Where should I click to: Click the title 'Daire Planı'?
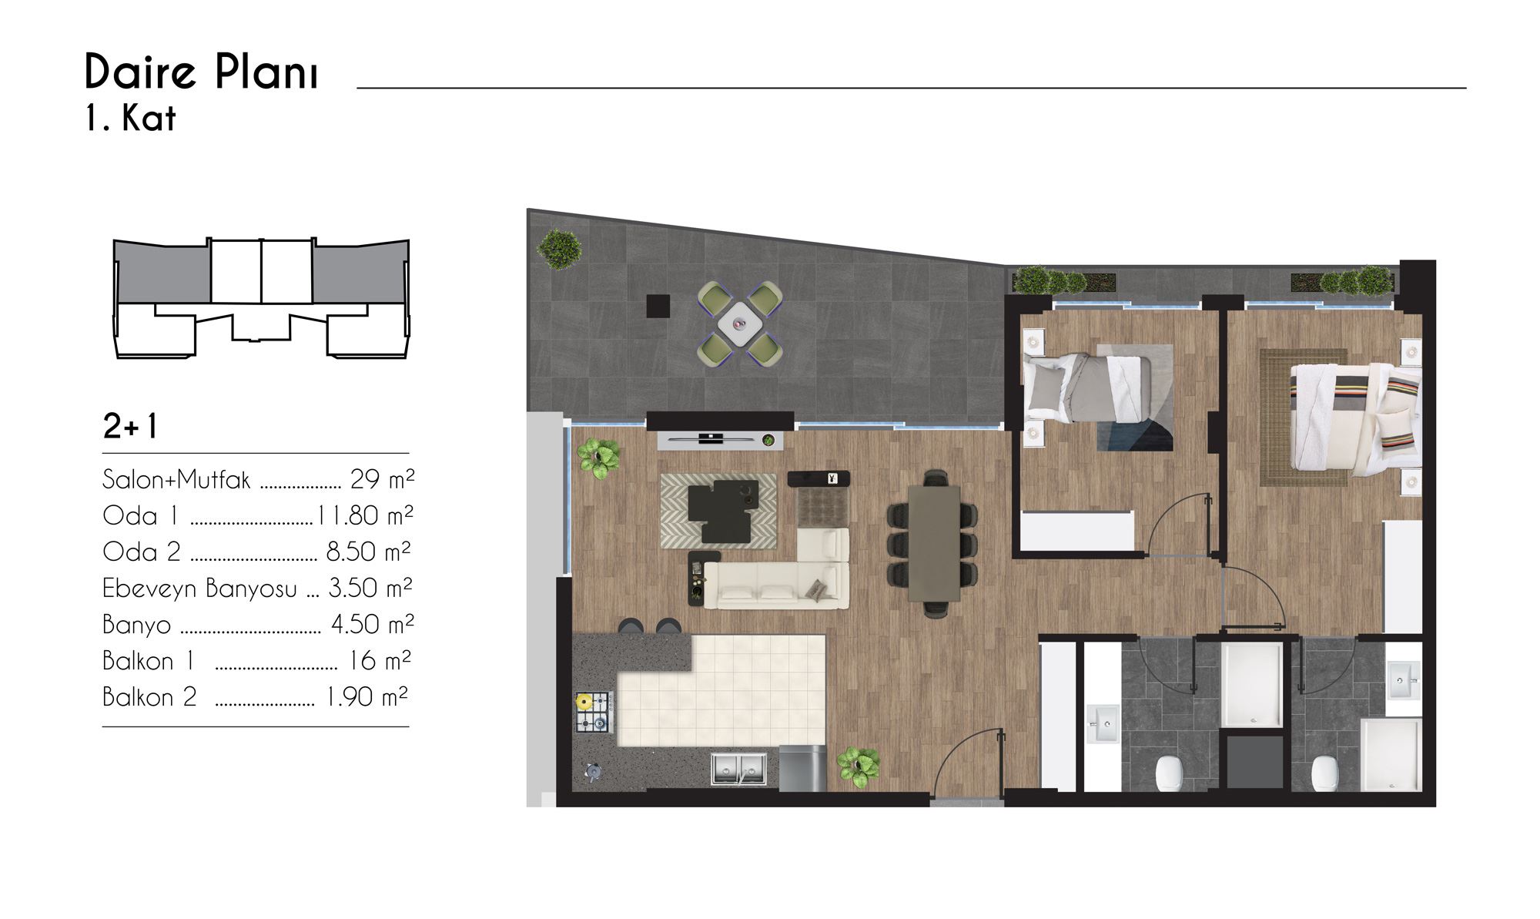(x=201, y=72)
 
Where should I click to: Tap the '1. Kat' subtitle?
(x=130, y=119)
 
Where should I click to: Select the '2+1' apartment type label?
(x=130, y=426)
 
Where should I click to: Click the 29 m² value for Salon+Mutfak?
(x=382, y=479)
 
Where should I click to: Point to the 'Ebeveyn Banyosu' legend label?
(x=199, y=589)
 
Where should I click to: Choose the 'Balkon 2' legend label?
(x=149, y=697)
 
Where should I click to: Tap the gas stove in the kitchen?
(x=593, y=712)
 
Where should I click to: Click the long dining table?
(x=934, y=542)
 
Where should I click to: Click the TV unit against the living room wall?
(x=720, y=440)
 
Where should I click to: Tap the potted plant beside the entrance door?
(x=859, y=766)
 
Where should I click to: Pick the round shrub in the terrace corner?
(x=560, y=249)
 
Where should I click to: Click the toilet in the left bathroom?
(x=1168, y=773)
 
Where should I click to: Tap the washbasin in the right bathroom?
(x=1404, y=680)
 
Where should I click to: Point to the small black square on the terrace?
(x=658, y=306)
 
